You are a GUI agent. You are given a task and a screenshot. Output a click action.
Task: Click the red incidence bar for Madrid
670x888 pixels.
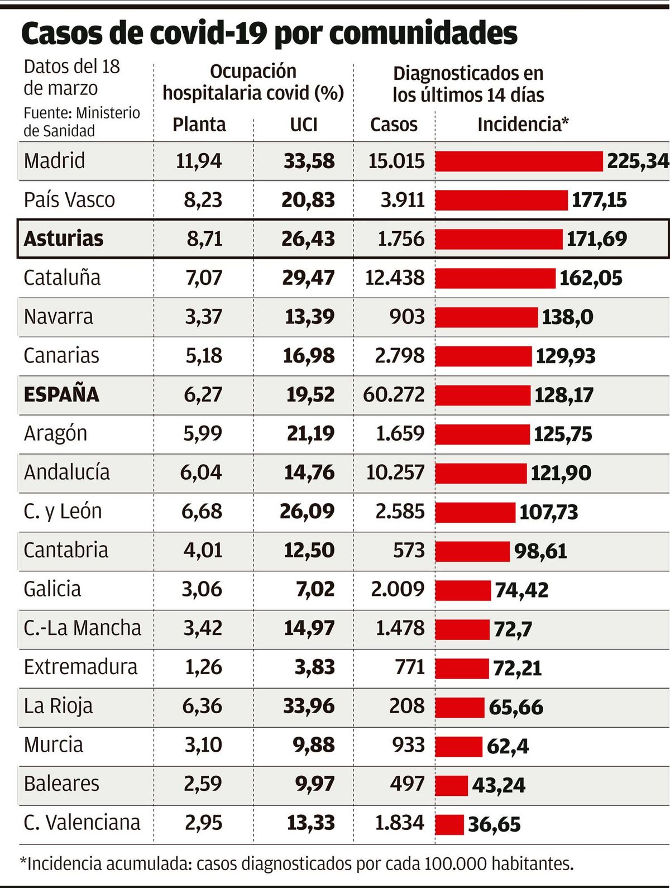pos(519,161)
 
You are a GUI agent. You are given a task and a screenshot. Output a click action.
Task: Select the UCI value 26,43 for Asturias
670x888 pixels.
pos(308,239)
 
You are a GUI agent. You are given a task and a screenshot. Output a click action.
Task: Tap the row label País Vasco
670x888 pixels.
pos(69,200)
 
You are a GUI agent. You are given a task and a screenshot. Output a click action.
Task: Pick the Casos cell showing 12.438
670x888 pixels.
pos(395,278)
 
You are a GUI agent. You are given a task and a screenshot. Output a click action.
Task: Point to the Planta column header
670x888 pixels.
pos(199,124)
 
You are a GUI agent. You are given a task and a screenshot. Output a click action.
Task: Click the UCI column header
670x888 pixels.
pos(304,124)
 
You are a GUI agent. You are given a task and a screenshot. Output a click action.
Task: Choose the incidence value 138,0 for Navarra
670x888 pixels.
pos(567,317)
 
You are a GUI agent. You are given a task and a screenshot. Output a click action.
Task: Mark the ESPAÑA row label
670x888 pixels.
pos(61,394)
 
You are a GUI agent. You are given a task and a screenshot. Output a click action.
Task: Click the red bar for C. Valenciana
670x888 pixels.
pos(449,824)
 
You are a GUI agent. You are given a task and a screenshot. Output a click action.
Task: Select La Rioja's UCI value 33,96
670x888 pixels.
pos(309,706)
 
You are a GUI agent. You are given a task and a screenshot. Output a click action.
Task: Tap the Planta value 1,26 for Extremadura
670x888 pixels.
pos(203,667)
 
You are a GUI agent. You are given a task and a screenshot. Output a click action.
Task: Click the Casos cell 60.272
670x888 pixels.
pos(394,394)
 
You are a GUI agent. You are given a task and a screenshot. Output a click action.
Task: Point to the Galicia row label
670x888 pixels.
pos(52,589)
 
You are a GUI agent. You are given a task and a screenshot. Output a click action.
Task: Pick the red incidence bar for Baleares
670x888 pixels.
pos(451,785)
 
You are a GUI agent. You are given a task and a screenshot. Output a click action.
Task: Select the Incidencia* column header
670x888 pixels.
pos(523,124)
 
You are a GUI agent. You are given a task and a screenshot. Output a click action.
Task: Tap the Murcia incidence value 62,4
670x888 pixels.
pos(508,746)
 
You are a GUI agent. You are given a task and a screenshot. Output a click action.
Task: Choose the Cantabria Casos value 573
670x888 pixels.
pos(409,550)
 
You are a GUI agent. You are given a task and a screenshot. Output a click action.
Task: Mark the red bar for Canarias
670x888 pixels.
pos(484,356)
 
